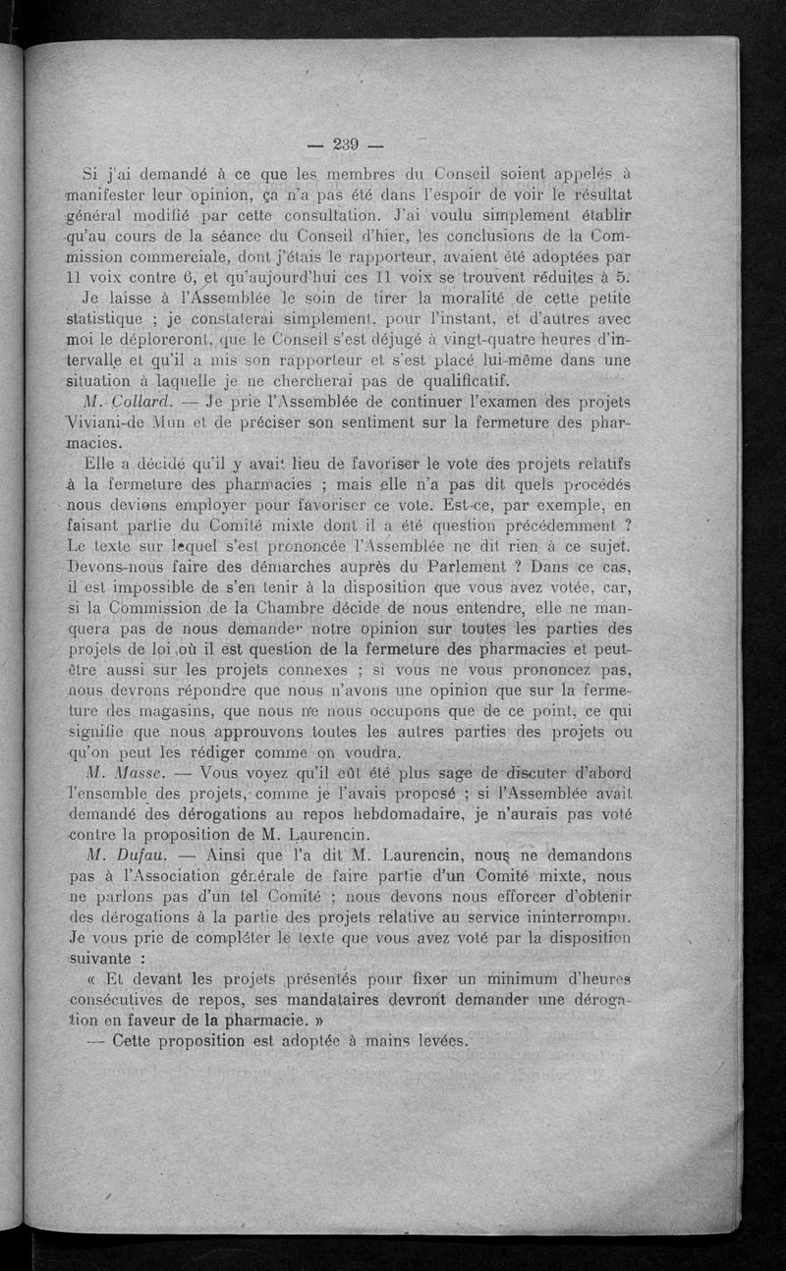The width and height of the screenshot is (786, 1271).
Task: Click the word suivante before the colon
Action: (102, 960)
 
